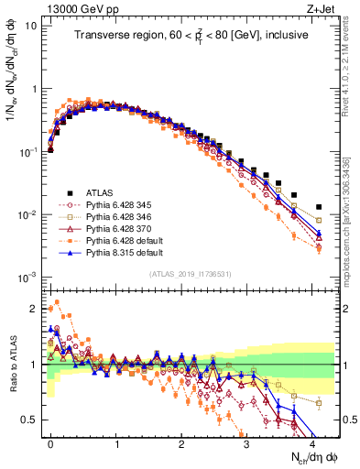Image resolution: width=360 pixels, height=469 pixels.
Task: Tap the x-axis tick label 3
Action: (246, 442)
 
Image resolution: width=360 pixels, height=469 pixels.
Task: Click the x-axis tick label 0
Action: (50, 442)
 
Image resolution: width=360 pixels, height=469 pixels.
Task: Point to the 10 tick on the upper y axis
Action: (30, 26)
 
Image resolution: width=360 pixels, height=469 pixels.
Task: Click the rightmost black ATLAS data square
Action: (319, 207)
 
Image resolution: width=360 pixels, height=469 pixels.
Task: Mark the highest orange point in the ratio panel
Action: (57, 302)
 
